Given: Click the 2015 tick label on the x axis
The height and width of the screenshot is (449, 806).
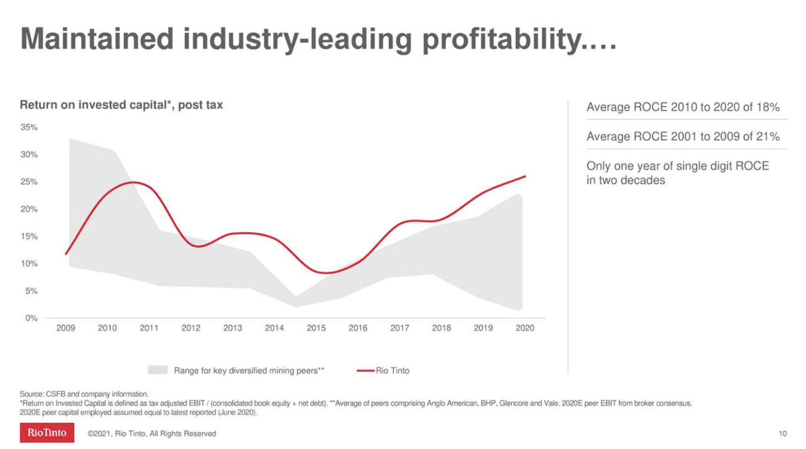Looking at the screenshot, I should pyautogui.click(x=316, y=328).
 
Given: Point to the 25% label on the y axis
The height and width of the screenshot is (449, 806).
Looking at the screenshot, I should pyautogui.click(x=29, y=182).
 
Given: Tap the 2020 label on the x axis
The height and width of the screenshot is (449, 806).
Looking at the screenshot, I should pyautogui.click(x=524, y=328).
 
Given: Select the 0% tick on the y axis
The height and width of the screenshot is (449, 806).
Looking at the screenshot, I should pyautogui.click(x=31, y=318).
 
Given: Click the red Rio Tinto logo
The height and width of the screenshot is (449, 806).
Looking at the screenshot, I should pyautogui.click(x=47, y=433).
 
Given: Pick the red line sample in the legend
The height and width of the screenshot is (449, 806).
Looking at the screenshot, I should pyautogui.click(x=365, y=371).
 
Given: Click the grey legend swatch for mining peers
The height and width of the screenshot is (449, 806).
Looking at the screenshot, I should pyautogui.click(x=158, y=370).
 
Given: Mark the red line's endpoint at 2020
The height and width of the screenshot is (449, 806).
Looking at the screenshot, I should pyautogui.click(x=525, y=176).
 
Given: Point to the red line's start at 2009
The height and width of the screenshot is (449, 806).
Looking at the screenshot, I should pyautogui.click(x=66, y=254).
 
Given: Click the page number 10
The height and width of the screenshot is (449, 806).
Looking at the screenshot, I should pyautogui.click(x=782, y=434).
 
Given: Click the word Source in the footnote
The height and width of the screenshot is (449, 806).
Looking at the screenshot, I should pyautogui.click(x=31, y=394).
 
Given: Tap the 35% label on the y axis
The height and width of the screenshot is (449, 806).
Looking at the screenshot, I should pyautogui.click(x=29, y=127).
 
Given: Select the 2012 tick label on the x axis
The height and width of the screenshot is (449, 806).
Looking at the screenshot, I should pyautogui.click(x=191, y=328).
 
